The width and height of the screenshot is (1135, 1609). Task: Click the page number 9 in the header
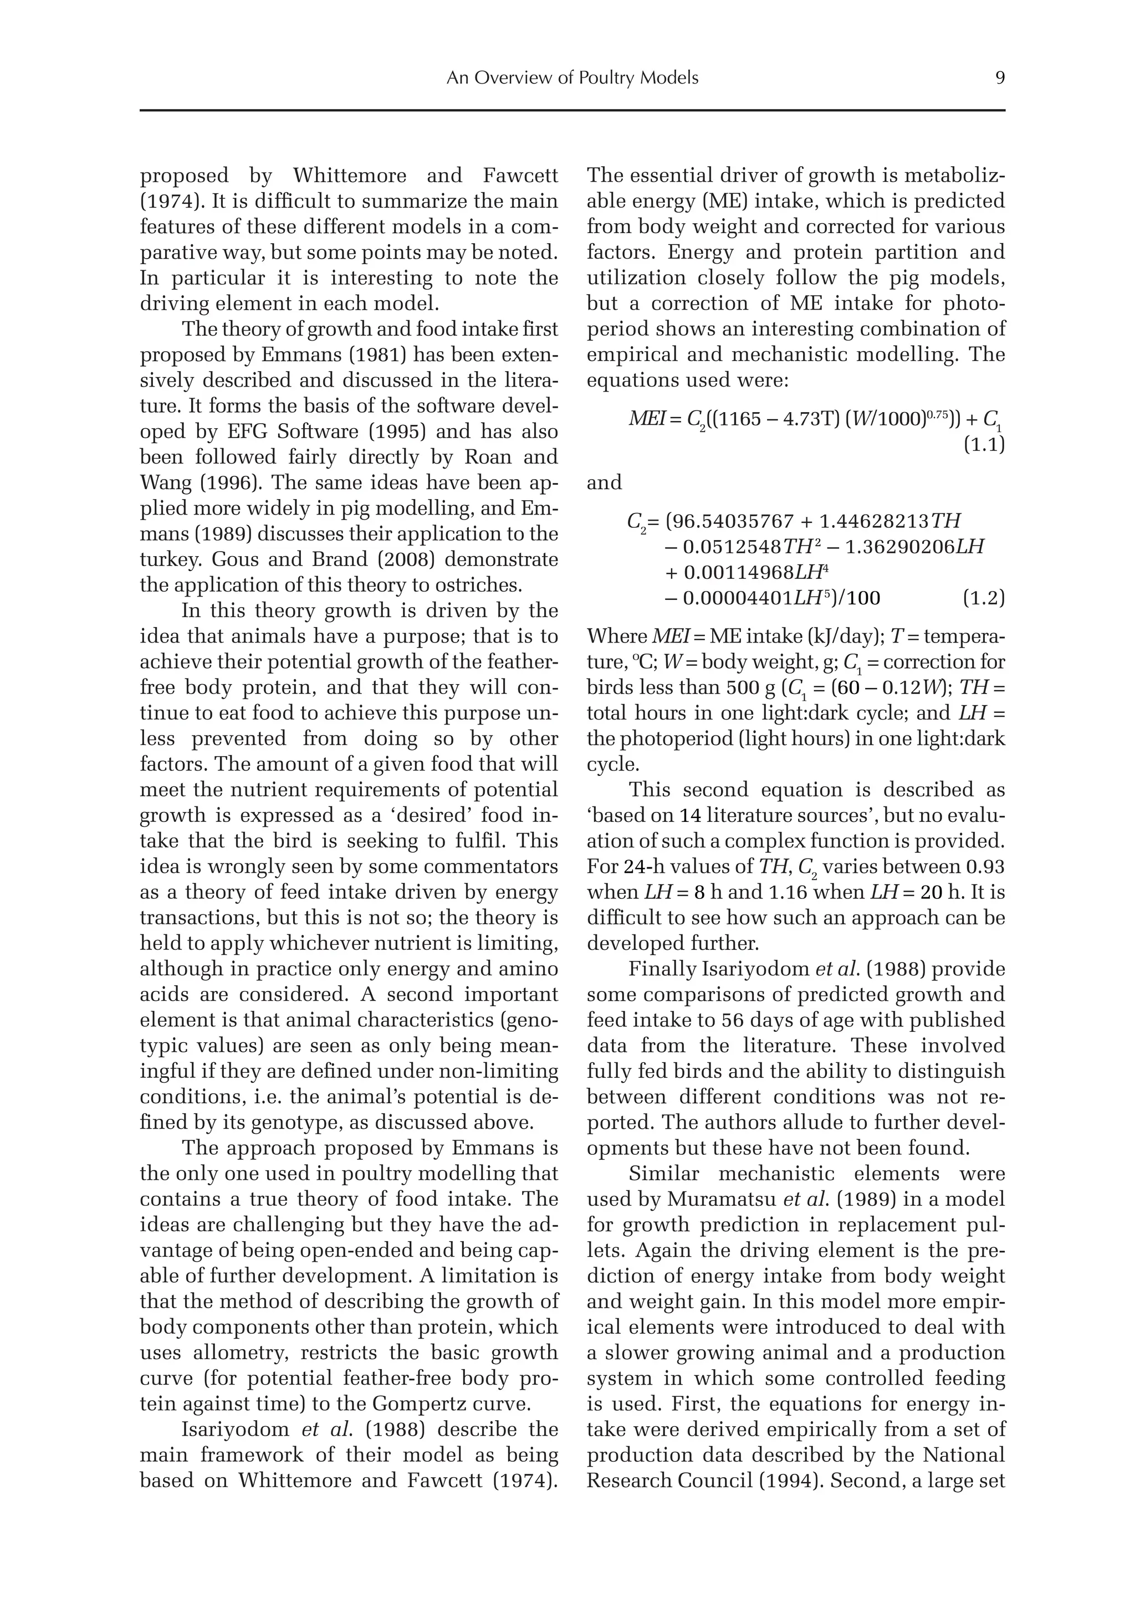point(1000,78)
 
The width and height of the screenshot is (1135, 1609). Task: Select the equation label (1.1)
point(984,444)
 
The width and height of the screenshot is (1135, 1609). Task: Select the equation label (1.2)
point(984,599)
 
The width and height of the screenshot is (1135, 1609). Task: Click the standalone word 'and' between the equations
point(604,483)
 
